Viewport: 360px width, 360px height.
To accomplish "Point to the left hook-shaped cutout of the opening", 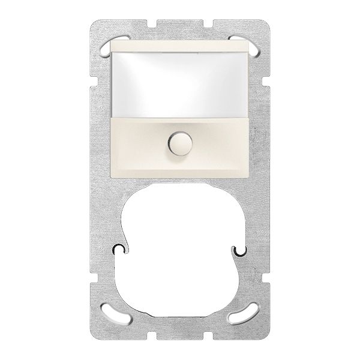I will tap(119, 248).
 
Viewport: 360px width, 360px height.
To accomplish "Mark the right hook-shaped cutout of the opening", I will tap(241, 248).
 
